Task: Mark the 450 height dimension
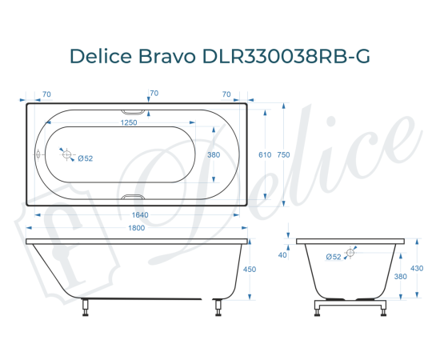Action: click(249, 270)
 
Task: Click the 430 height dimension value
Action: click(416, 268)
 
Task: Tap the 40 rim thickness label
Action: click(282, 255)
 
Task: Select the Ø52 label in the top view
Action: click(86, 158)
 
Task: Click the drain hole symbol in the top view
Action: click(67, 155)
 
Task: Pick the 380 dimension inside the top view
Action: click(214, 155)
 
